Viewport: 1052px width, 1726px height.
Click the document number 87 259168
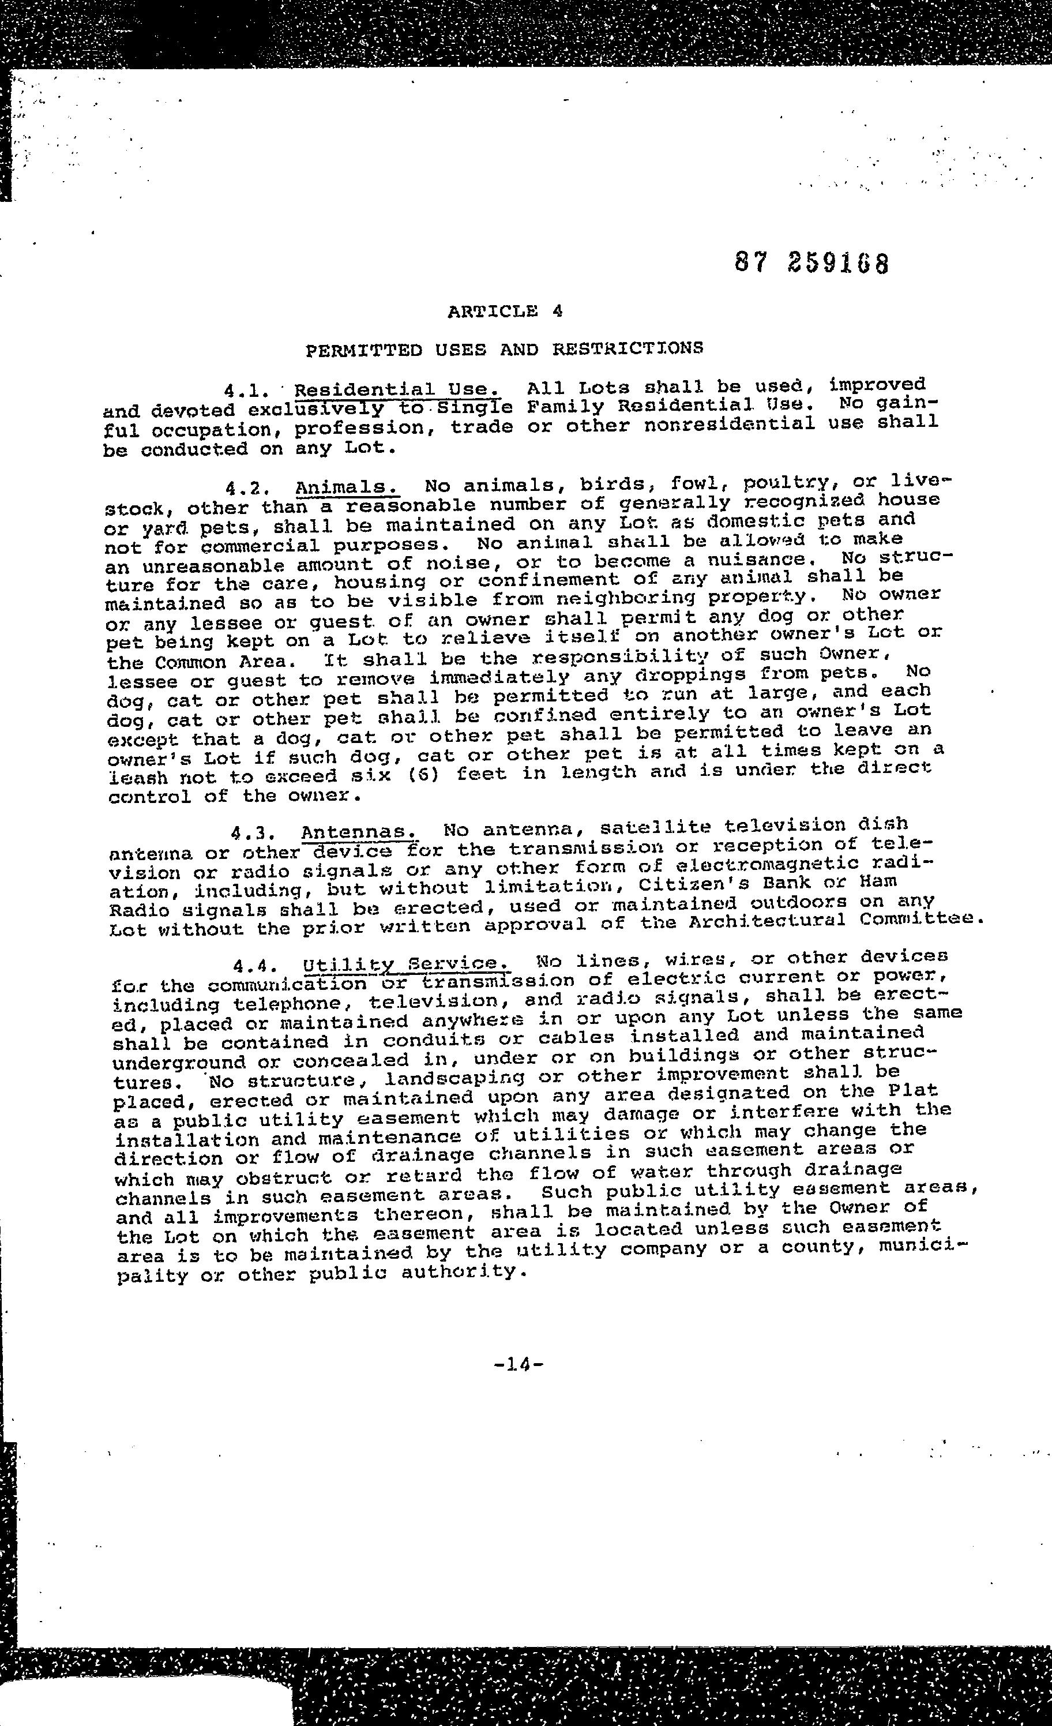point(811,264)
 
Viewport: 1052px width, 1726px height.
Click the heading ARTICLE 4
point(504,311)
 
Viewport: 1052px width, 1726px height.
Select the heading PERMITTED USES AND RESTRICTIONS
point(504,348)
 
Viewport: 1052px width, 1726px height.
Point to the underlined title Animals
point(347,487)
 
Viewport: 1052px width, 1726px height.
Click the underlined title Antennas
point(359,833)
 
